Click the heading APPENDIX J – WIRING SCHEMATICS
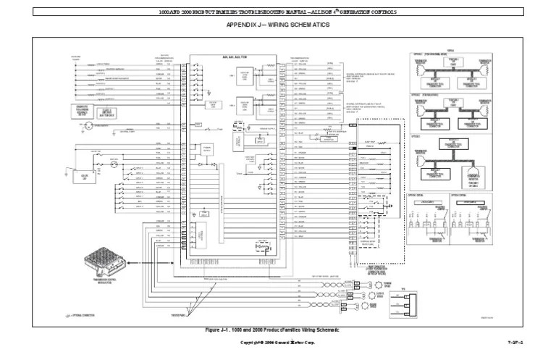[277, 25]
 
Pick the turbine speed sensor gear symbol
[373, 283]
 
